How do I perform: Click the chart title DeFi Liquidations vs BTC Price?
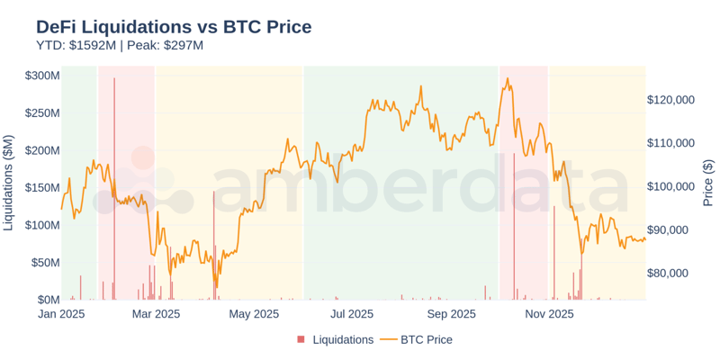(174, 27)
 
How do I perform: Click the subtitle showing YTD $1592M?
(120, 46)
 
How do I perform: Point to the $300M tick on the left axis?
(42, 76)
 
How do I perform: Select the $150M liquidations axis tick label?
(42, 187)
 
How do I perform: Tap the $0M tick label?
(48, 300)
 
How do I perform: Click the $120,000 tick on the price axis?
(670, 100)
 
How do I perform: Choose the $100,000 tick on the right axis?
(670, 187)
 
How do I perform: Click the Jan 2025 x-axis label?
(61, 314)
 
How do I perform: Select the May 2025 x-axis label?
(255, 314)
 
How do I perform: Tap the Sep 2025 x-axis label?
(451, 314)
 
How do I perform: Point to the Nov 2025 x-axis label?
(549, 314)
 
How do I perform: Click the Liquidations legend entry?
(342, 340)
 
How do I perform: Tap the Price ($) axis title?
(708, 183)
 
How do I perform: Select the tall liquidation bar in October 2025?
(514, 225)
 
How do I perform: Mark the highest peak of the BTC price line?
(508, 78)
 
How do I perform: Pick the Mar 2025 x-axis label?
(156, 314)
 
